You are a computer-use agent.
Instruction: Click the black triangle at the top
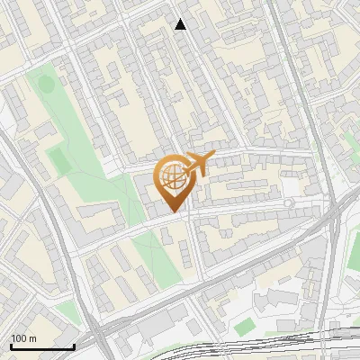(181, 24)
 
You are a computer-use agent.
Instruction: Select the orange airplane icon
(196, 164)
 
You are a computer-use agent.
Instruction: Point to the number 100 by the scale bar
(18, 338)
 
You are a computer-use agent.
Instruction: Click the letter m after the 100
(32, 338)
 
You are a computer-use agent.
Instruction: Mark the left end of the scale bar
(11, 346)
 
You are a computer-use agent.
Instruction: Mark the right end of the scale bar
(74, 346)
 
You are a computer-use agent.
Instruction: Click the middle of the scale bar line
(42, 346)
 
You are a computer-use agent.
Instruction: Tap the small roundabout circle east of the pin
(289, 203)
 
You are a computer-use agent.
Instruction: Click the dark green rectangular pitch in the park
(58, 162)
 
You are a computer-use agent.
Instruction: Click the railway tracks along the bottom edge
(270, 346)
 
